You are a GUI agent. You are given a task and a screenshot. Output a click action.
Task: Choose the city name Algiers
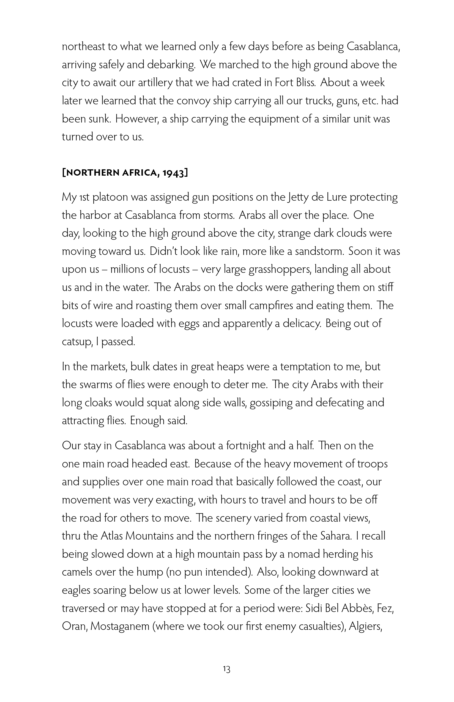point(365,626)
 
